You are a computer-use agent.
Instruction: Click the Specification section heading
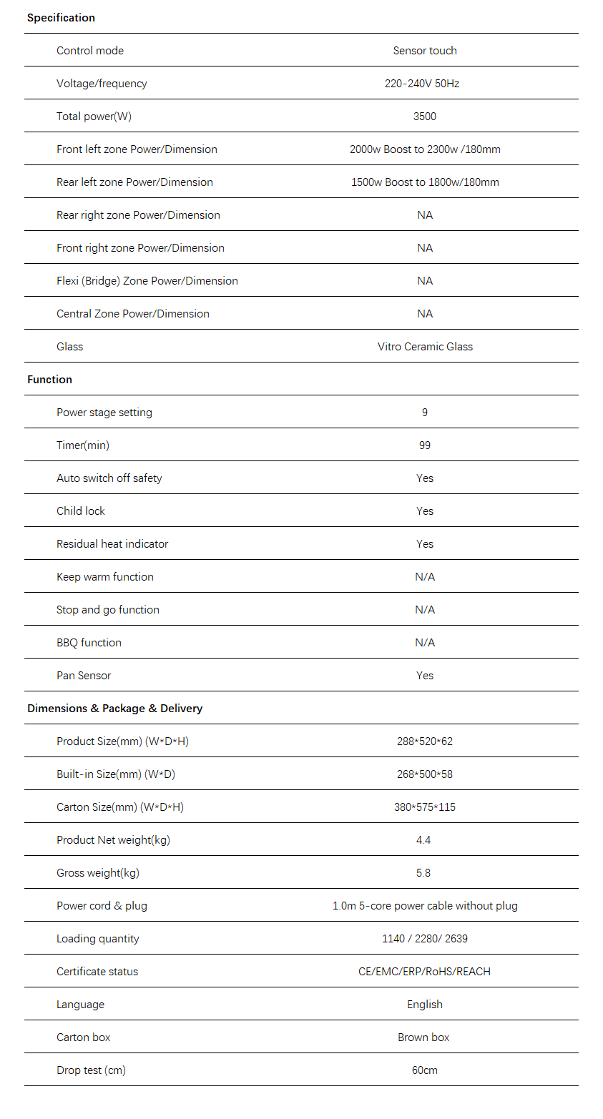(x=61, y=18)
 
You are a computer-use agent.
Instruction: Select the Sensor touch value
(x=425, y=51)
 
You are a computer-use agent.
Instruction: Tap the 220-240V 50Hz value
(x=422, y=84)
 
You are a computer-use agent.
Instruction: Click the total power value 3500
(x=425, y=117)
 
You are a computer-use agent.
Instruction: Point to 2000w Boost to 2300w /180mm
(x=425, y=149)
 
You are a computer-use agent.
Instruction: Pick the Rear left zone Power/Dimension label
(x=134, y=182)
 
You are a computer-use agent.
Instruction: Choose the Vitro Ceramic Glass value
(x=425, y=347)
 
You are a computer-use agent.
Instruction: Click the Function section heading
(x=49, y=380)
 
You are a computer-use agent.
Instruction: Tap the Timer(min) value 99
(x=425, y=445)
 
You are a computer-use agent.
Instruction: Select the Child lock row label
(x=81, y=511)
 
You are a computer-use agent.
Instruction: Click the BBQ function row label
(x=89, y=643)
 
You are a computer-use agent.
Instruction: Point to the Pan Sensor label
(x=84, y=676)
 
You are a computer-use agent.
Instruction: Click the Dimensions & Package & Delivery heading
(x=114, y=709)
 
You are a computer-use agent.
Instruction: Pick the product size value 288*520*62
(x=425, y=741)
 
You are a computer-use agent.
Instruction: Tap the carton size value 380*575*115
(x=425, y=807)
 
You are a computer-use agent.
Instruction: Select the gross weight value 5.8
(x=423, y=873)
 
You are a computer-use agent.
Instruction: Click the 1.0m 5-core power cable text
(x=425, y=906)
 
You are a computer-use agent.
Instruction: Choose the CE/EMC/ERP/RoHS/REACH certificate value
(x=425, y=972)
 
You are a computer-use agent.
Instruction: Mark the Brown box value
(x=423, y=1037)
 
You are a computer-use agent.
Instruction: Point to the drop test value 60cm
(x=425, y=1070)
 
